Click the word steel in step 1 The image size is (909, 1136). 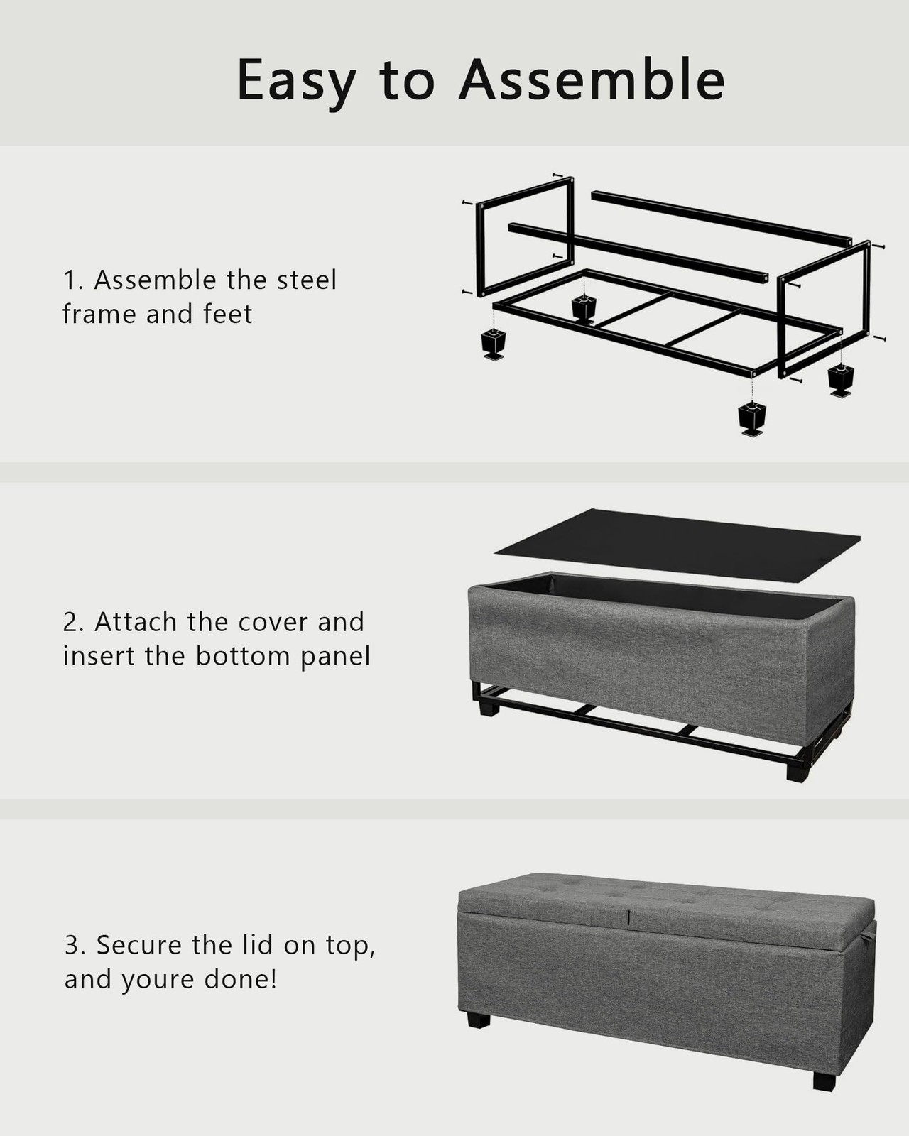[x=306, y=280]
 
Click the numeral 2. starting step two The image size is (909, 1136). [x=73, y=622]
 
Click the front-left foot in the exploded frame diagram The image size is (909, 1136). [x=494, y=344]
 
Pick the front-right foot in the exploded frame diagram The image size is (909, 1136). [x=752, y=418]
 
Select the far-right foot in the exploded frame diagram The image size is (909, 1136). [x=841, y=380]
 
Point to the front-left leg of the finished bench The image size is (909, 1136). [x=479, y=1019]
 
